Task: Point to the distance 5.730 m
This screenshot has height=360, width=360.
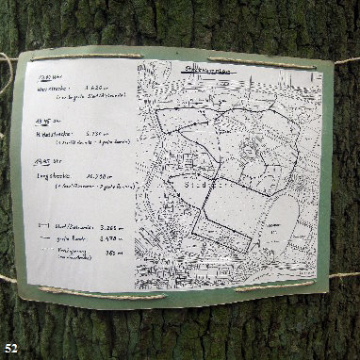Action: [x=101, y=133]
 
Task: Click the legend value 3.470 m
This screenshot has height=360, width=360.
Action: [x=111, y=240]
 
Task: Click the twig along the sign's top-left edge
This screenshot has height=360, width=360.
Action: [x=75, y=56]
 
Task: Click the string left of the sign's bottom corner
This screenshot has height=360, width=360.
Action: [x=14, y=280]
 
